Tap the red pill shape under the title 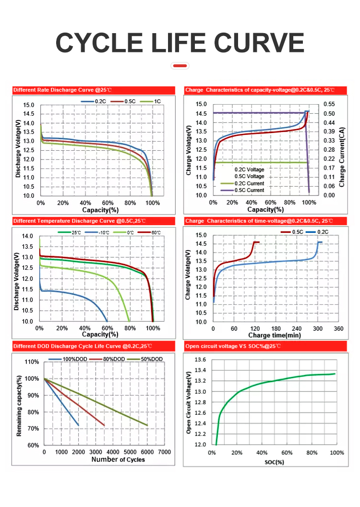point(180,65)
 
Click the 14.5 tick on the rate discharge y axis point(29,114)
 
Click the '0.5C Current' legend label point(249,191)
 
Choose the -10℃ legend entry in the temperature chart point(101,232)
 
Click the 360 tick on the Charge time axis point(338,329)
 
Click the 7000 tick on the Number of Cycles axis point(165,452)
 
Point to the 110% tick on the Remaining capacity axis point(32,362)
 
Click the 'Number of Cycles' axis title point(118,459)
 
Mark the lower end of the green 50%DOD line point(147,425)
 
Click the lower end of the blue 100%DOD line point(79,425)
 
